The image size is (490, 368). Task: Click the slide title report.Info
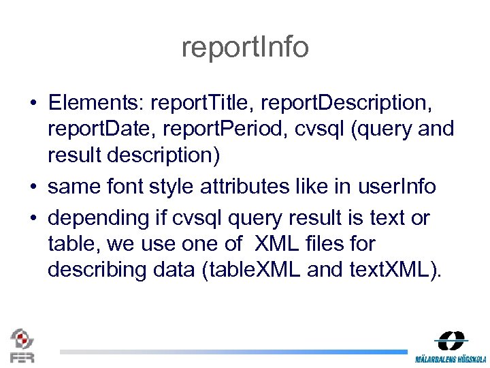pos(245,47)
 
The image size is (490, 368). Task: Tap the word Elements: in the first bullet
pos(95,103)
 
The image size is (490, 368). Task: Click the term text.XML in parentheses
pos(387,269)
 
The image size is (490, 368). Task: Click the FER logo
pos(21,346)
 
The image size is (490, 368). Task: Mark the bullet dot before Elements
pos(33,104)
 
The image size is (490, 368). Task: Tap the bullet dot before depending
pos(33,219)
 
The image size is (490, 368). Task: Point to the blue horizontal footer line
pos(231,352)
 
